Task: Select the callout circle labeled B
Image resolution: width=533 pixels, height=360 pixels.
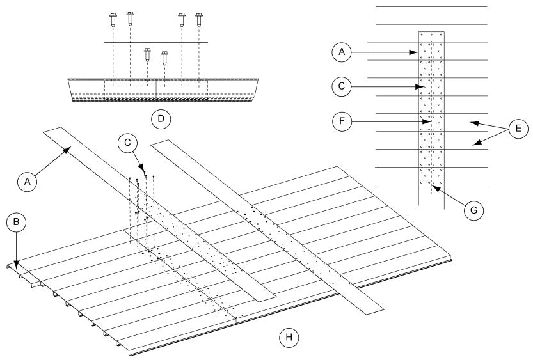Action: (x=16, y=222)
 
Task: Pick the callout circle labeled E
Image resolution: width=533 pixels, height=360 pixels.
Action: (x=519, y=129)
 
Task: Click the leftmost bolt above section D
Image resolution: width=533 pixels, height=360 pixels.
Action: (x=113, y=19)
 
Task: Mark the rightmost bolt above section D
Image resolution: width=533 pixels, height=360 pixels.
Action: (x=199, y=19)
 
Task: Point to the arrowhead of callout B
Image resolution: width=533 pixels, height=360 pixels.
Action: (x=17, y=262)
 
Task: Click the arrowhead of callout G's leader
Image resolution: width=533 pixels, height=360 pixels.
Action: (x=433, y=187)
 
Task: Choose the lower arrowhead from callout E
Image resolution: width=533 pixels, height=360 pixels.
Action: (x=472, y=146)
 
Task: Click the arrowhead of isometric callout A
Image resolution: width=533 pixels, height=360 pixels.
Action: (x=68, y=150)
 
